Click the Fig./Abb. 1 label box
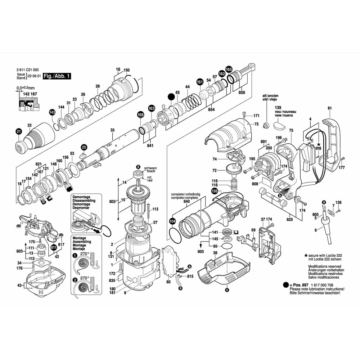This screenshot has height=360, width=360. pos(57,76)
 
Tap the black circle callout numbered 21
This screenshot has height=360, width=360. pos(18,132)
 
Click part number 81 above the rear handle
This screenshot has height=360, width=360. pos(329,108)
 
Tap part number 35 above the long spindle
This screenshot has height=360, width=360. pos(112,130)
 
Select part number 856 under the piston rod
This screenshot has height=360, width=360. pos(242,93)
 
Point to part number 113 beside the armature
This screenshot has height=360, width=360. pos(156,209)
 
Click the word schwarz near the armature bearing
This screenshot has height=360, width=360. pos(150,168)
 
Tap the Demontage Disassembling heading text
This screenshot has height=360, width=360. pos(82,199)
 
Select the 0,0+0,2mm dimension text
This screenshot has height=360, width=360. pos(25,88)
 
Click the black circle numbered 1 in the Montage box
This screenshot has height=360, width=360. pos(75,255)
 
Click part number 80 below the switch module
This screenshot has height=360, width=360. pos(168,282)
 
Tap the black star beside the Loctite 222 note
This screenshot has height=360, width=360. pos(306,255)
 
